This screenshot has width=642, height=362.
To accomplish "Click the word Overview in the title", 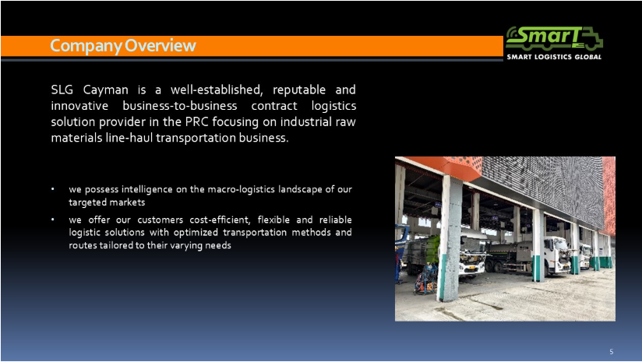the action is click(x=160, y=45).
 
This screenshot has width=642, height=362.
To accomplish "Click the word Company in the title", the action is click(x=86, y=46).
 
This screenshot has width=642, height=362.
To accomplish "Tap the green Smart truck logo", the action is click(x=554, y=38).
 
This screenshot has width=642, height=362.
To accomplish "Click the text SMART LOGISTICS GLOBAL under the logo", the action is click(x=554, y=57).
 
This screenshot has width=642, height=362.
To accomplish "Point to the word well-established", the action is click(x=217, y=90).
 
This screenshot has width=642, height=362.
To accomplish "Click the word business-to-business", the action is click(x=180, y=106).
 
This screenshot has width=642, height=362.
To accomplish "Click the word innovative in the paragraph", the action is click(x=79, y=106).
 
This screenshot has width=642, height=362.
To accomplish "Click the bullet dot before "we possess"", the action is click(x=53, y=189).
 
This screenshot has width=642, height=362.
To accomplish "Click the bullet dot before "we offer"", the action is click(x=53, y=220).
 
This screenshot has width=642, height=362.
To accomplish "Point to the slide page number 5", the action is click(x=612, y=352).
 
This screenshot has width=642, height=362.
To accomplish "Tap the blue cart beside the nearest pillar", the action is click(x=426, y=279).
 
